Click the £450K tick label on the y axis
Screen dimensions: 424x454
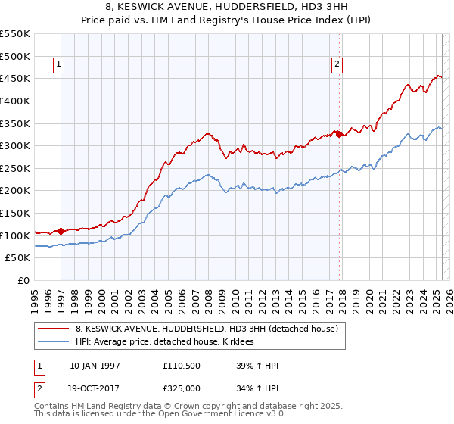click(15, 79)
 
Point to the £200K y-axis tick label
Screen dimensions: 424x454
click(15, 191)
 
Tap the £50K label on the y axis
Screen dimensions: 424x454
click(18, 258)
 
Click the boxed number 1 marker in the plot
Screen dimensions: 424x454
click(60, 64)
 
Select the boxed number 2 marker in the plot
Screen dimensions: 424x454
click(337, 64)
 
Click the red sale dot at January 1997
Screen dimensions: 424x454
click(61, 231)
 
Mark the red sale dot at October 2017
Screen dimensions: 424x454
click(339, 135)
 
